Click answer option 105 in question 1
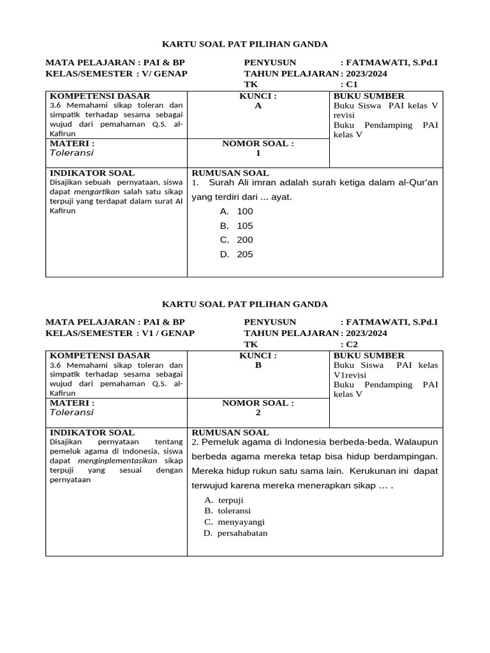244,226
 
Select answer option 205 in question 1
244,254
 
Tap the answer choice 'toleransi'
234,511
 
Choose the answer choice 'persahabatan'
242,533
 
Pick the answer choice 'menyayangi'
241,522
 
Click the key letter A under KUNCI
258,106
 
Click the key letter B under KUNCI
258,365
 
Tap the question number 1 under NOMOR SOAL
258,153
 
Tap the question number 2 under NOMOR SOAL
258,413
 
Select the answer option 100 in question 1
244,211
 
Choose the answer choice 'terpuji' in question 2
230,500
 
